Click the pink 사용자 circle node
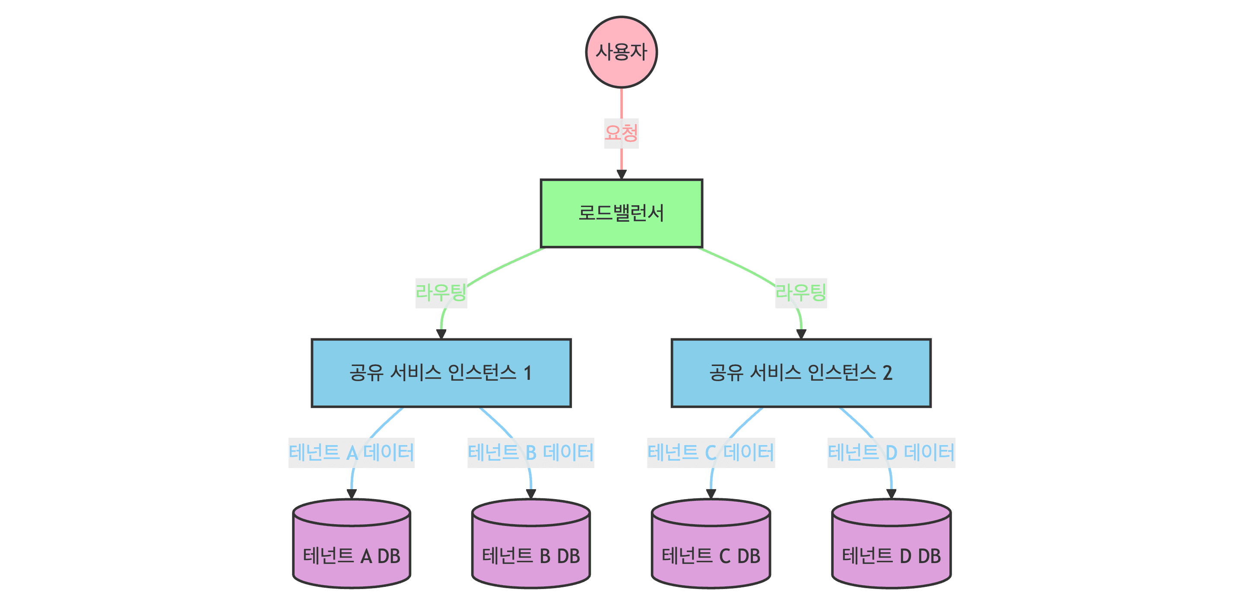click(621, 52)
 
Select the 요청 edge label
click(621, 133)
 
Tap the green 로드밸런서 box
click(621, 213)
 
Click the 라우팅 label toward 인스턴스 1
click(441, 293)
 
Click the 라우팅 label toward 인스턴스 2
click(801, 293)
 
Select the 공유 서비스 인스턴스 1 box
click(441, 373)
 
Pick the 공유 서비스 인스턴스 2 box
click(801, 373)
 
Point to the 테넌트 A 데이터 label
click(351, 453)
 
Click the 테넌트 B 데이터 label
click(530, 453)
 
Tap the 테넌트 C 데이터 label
click(711, 453)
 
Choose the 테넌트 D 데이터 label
click(891, 453)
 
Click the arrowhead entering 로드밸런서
click(622, 175)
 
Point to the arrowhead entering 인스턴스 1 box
click(441, 334)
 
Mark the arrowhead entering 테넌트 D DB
click(891, 494)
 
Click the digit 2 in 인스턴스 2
click(887, 373)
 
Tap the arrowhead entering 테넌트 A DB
click(352, 494)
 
